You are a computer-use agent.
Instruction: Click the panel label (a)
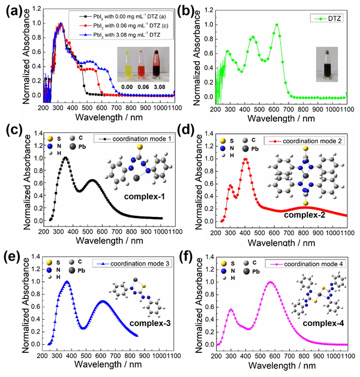(13, 9)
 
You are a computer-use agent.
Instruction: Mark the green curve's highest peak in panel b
(277, 25)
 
